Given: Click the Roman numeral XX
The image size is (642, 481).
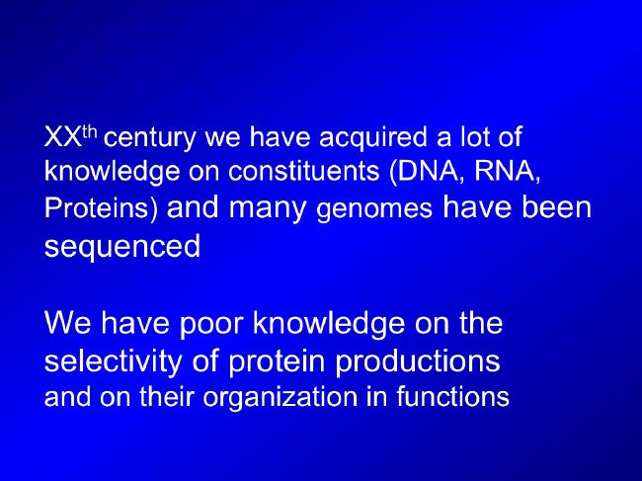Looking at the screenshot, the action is point(63,136).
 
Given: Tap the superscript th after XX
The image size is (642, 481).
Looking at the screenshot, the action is point(90,131).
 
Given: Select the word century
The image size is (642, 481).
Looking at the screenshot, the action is point(150,138).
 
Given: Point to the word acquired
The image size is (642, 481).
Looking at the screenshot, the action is point(373,138).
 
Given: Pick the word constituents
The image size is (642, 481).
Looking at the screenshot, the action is point(304,171).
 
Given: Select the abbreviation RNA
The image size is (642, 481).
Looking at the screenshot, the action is point(505,172).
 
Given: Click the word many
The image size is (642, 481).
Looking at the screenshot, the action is point(267,209).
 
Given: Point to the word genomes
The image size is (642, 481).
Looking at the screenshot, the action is point(374,209).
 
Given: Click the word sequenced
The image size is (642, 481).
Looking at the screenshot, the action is point(122,247).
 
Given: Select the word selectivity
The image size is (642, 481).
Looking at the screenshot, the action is point(113,361).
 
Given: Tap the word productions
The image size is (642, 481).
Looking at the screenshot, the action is point(417,361).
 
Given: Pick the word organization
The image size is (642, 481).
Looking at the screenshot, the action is point(281,398).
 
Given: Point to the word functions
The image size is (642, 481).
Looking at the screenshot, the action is point(452,396).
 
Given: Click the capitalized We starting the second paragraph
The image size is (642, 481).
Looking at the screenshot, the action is point(67,323).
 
